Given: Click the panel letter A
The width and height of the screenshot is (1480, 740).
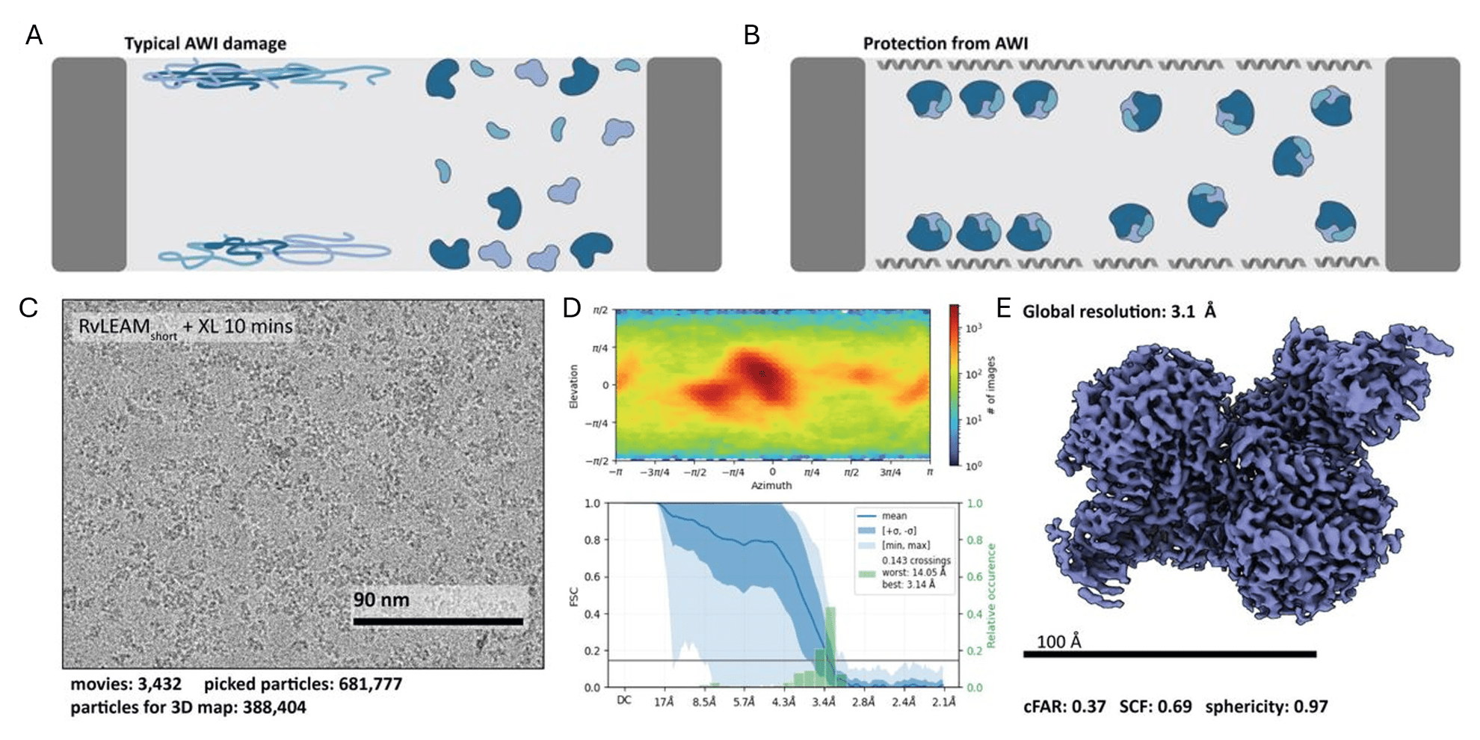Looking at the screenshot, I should coord(34,35).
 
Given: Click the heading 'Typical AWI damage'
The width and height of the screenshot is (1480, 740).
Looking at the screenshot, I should coord(205,43).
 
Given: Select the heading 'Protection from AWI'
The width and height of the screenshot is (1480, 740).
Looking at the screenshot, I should coord(945,43).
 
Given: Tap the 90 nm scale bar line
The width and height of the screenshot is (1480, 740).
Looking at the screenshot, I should coord(437,621).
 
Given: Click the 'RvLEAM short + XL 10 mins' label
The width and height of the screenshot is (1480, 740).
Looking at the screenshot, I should coord(185,327).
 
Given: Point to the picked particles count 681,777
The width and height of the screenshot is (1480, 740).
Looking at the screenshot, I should coord(370,684).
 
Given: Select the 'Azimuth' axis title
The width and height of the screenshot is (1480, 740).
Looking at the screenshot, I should coord(771,486).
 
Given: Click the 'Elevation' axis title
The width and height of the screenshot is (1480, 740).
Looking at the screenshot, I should coord(574,386).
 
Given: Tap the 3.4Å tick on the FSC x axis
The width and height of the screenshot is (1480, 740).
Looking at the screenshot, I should coord(823,702).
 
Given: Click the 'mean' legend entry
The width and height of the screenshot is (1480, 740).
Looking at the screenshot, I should coord(893,516).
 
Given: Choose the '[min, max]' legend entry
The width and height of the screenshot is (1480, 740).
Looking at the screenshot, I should coord(905,545).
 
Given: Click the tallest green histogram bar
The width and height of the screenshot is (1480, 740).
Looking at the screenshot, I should coord(830,647).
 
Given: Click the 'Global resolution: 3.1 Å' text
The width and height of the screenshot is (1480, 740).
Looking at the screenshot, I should coord(1118,312).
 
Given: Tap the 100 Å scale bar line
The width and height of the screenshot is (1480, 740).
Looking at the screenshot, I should coord(1169,654).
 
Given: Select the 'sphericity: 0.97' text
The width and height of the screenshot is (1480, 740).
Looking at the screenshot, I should coord(1266,706).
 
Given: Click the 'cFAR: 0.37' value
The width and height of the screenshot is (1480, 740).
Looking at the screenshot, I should coord(1064,706).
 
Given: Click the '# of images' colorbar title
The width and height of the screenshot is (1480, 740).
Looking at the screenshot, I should coord(992,386).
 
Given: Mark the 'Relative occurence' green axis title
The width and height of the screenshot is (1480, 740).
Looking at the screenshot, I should coord(991,596).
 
